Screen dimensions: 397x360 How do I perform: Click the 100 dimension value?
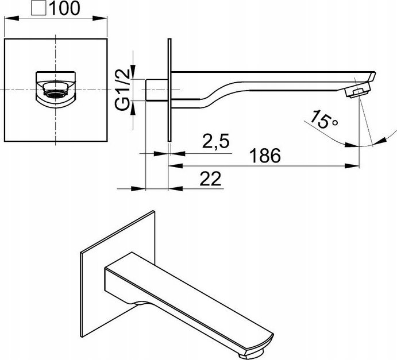pyautogui.click(x=64, y=8)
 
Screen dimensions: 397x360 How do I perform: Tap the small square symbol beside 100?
pyautogui.click(x=38, y=8)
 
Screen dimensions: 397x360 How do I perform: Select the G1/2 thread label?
pyautogui.click(x=123, y=90)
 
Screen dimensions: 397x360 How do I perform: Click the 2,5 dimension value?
pyautogui.click(x=215, y=141)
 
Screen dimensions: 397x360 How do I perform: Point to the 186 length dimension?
pyautogui.click(x=265, y=156)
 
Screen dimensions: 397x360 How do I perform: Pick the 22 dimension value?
pyautogui.click(x=210, y=179)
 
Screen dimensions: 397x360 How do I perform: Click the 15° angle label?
pyautogui.click(x=323, y=119)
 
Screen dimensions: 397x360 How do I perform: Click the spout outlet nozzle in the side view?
pyautogui.click(x=358, y=90)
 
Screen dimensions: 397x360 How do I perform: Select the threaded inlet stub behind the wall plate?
pyautogui.click(x=157, y=90)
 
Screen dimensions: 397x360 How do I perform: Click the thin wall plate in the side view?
pyautogui.click(x=169, y=90)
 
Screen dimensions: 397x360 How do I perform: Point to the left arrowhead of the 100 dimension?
pyautogui.click(x=11, y=18)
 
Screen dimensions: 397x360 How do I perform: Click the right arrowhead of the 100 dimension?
pyautogui.click(x=100, y=18)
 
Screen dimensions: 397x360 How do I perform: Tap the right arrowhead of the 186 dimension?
pyautogui.click(x=352, y=166)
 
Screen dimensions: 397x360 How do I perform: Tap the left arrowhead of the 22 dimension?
pyautogui.click(x=138, y=188)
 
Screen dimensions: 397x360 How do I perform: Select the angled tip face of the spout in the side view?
pyautogui.click(x=372, y=76)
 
